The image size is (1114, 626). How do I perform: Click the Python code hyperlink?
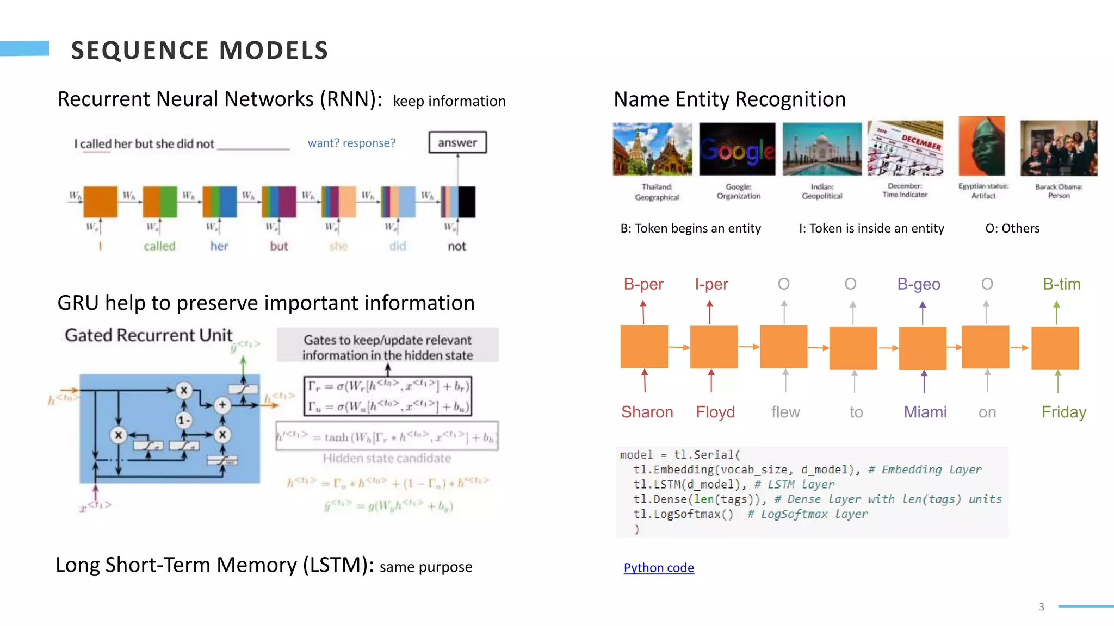(x=658, y=567)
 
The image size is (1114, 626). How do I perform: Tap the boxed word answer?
(x=457, y=142)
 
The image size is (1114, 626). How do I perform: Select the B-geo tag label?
(x=918, y=284)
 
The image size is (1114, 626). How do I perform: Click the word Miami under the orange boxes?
(x=925, y=412)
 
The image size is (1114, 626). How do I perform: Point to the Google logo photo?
(x=737, y=149)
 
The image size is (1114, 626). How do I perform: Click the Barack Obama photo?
(x=1058, y=148)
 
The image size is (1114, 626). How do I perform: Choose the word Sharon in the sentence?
(x=647, y=412)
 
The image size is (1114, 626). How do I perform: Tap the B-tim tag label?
(x=1061, y=284)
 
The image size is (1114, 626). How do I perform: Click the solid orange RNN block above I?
(x=100, y=202)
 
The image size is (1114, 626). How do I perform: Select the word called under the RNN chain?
(x=159, y=246)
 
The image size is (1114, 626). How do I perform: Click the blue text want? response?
(x=351, y=143)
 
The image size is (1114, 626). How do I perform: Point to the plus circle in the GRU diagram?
(x=222, y=405)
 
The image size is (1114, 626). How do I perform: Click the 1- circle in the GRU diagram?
(x=184, y=420)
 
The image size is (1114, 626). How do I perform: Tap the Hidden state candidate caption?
(x=387, y=458)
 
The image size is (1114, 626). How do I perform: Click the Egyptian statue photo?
(x=982, y=146)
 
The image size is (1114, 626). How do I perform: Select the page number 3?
(x=1041, y=606)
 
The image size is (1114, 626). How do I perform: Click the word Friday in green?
(x=1063, y=412)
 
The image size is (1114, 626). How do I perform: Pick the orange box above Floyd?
(x=713, y=347)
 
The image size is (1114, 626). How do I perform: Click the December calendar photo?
(x=905, y=148)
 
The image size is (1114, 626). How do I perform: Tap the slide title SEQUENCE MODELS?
(x=200, y=51)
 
